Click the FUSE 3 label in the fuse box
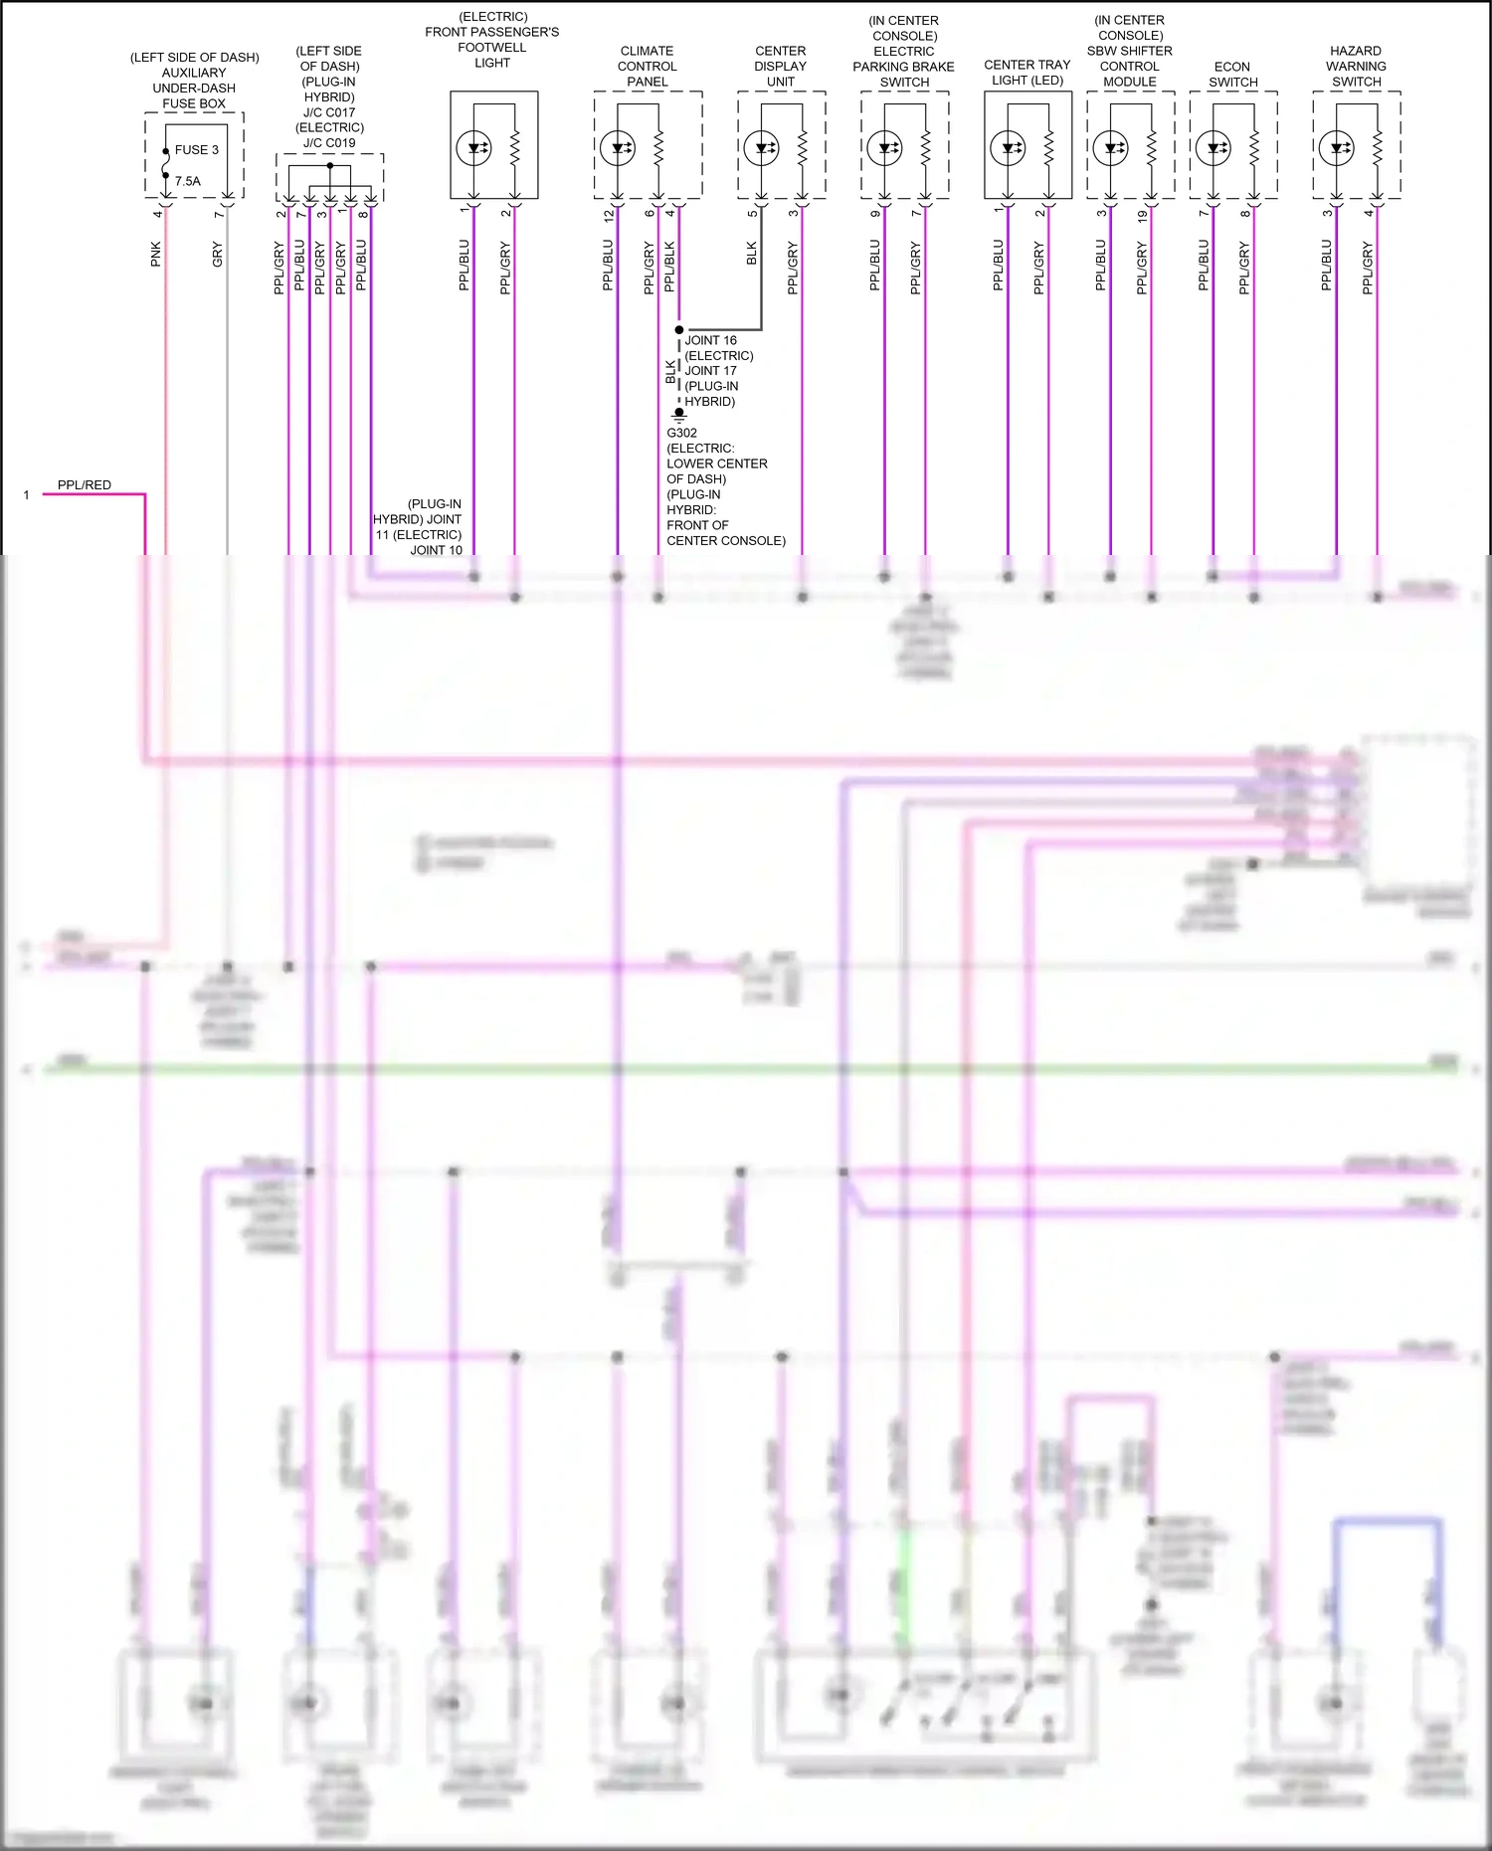[x=196, y=150]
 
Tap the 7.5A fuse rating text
[x=187, y=181]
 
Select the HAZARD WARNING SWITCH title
[x=1356, y=66]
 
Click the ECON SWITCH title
[x=1232, y=75]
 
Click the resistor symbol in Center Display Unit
[x=803, y=148]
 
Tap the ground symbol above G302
[x=679, y=415]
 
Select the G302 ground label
[x=681, y=433]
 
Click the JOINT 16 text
[x=710, y=340]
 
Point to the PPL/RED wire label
[x=84, y=485]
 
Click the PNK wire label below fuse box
[x=156, y=254]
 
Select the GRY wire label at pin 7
[x=218, y=254]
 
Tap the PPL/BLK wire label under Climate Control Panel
[x=669, y=266]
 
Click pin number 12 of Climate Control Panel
[x=609, y=214]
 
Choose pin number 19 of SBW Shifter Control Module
[x=1142, y=214]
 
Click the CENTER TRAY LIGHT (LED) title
[x=1026, y=72]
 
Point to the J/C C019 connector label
[x=329, y=142]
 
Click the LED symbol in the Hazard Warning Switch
[x=1336, y=148]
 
